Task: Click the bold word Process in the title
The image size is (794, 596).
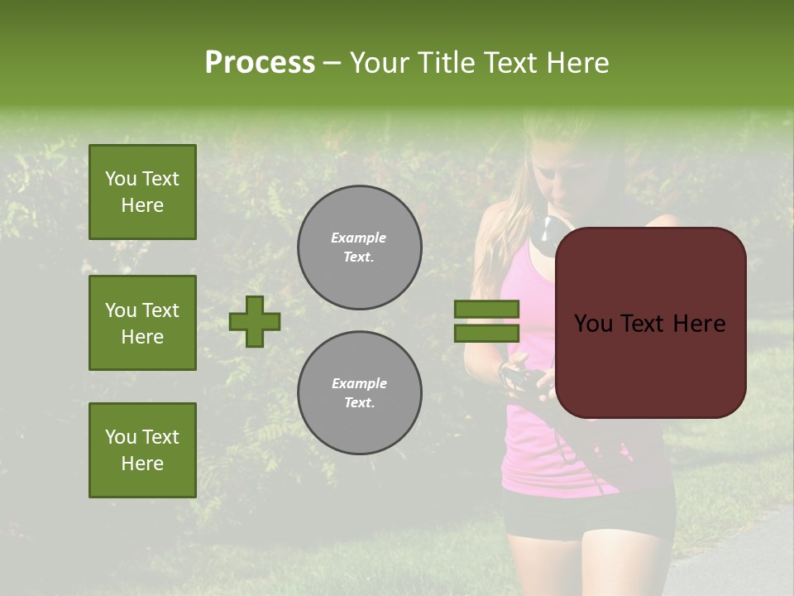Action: click(x=260, y=63)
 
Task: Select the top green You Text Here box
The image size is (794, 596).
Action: click(x=142, y=192)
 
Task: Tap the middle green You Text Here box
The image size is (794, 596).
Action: click(x=142, y=323)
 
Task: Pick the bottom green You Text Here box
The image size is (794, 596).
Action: click(x=142, y=450)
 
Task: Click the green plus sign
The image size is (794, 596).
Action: click(x=255, y=321)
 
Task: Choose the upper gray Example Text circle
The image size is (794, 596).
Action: click(x=359, y=248)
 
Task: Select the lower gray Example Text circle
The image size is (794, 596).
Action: click(x=359, y=393)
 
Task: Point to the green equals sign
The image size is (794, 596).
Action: click(x=486, y=321)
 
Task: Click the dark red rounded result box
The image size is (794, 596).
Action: click(x=650, y=323)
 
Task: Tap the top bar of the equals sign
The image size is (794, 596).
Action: click(x=486, y=309)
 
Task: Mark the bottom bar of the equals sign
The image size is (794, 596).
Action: click(x=486, y=333)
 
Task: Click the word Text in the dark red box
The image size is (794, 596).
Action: click(x=646, y=324)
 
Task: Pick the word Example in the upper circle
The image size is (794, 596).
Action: click(x=359, y=238)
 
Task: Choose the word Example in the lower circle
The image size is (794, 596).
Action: click(x=359, y=384)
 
